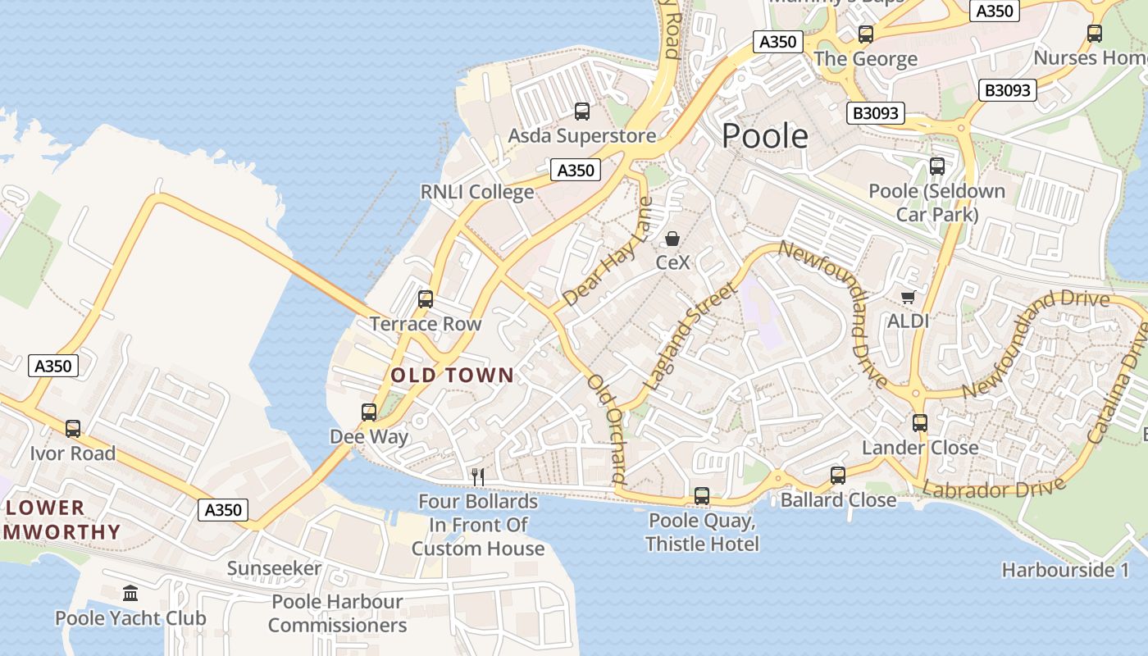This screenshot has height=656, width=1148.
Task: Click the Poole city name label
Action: (764, 136)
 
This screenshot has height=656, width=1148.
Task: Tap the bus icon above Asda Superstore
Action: (582, 112)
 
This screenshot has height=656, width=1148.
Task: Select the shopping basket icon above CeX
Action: (672, 239)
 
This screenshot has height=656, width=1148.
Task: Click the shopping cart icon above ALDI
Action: (908, 297)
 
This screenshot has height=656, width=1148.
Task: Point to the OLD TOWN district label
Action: (453, 376)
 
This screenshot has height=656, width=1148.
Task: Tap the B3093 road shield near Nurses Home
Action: (1008, 90)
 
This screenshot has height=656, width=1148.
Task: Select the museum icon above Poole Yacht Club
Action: (130, 593)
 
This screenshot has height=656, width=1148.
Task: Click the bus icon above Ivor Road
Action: (73, 428)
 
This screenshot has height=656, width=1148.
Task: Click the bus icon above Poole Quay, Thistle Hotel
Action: (702, 495)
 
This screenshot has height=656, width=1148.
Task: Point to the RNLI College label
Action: (476, 192)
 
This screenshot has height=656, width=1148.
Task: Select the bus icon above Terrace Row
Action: (425, 298)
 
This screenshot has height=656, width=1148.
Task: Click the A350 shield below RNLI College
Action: (576, 170)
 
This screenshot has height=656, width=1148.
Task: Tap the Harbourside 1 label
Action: (1065, 570)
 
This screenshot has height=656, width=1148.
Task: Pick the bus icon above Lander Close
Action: (920, 423)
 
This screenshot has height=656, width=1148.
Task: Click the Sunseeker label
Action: (274, 568)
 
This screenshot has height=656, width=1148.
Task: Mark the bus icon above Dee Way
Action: (369, 412)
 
